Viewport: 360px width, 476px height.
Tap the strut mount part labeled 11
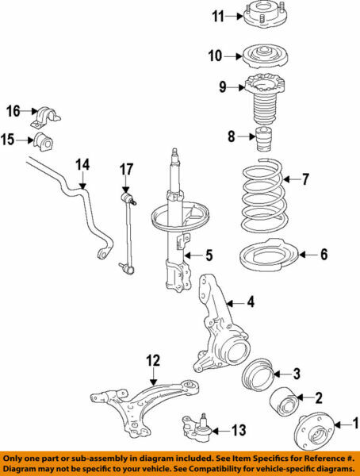264,17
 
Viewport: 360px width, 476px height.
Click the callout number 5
209,255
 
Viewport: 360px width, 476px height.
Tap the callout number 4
251,302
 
